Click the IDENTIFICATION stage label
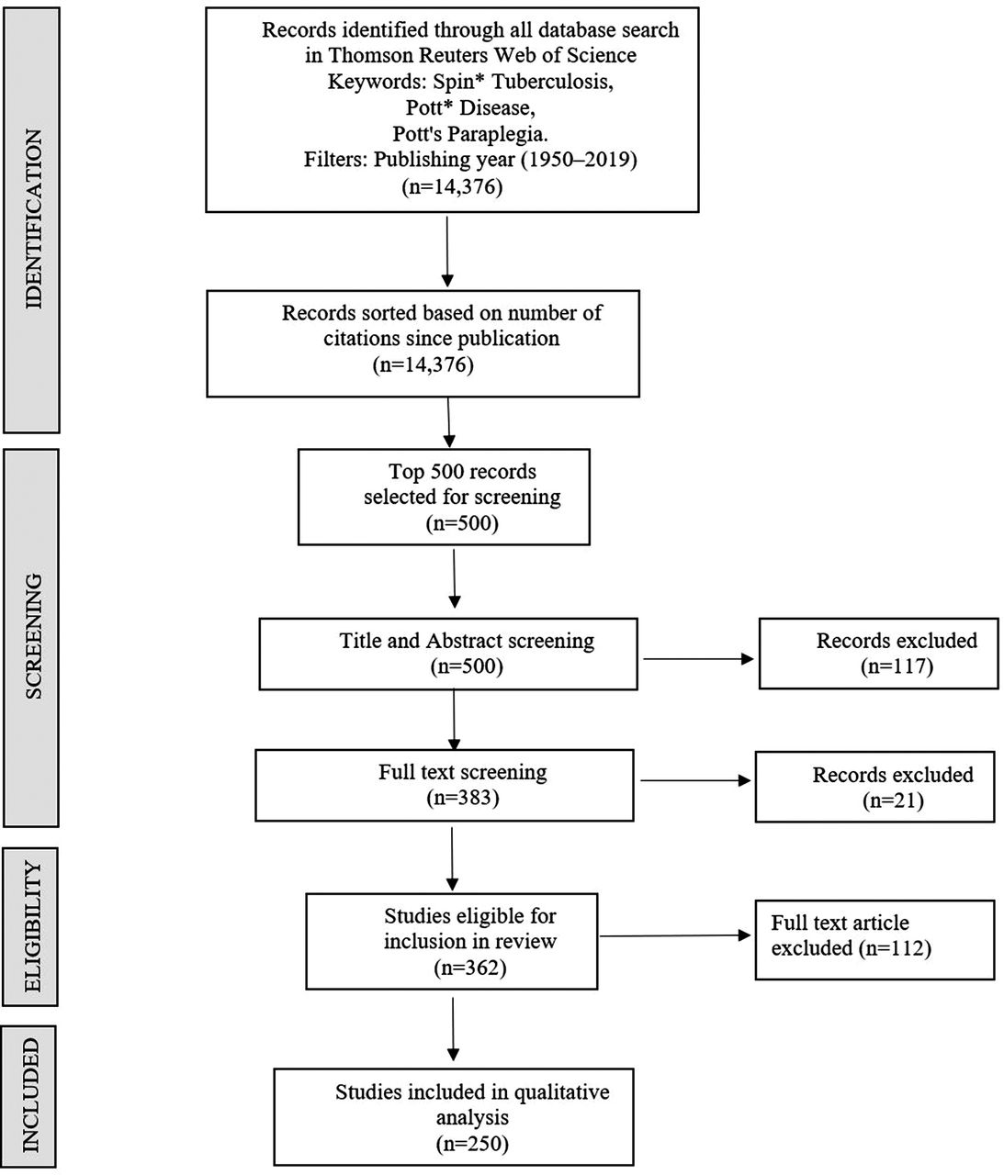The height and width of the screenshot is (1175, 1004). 34,219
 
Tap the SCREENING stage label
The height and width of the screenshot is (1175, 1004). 34,636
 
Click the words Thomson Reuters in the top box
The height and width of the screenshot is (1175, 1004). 409,55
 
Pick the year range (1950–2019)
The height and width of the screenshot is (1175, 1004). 579,159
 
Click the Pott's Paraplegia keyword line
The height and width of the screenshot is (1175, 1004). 470,134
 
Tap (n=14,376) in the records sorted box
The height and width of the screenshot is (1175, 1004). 423,364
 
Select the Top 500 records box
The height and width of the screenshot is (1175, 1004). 444,497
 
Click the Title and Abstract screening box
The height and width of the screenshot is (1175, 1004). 448,654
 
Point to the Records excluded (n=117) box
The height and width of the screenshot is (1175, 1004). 878,654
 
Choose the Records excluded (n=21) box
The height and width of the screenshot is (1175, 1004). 874,787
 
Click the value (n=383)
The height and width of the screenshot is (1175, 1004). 463,798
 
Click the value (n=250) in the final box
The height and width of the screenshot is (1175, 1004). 472,1143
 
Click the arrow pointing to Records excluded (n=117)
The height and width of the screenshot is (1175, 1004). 698,659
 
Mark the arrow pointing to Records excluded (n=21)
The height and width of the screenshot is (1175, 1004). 695,780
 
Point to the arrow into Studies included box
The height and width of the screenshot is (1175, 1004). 454,1029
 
